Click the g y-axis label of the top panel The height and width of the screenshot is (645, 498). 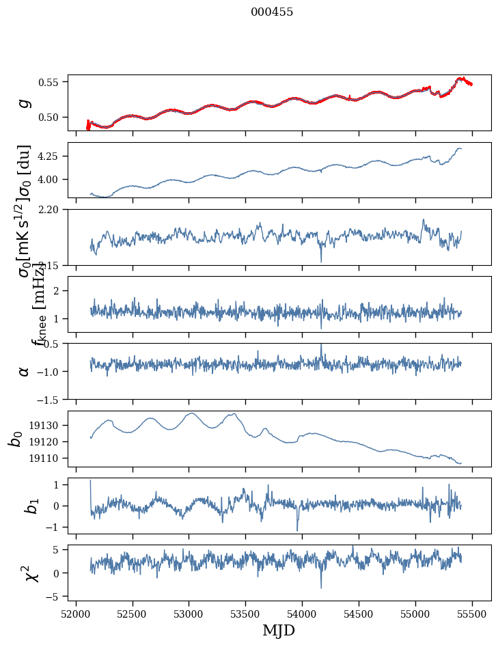[24, 102]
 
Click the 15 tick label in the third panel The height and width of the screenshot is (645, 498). [57, 264]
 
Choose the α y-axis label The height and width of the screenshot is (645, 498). [24, 371]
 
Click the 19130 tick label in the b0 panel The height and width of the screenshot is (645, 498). [48, 425]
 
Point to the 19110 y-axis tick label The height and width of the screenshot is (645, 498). [48, 458]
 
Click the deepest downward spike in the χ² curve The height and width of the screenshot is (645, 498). [321, 587]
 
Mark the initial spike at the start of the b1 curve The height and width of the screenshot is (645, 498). [90, 481]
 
